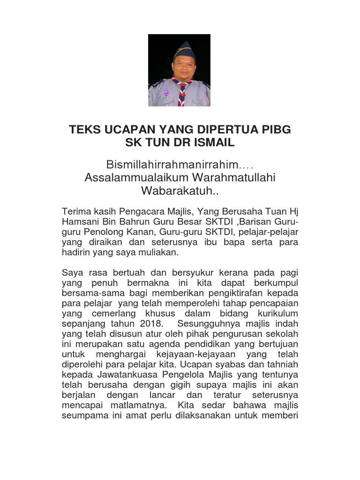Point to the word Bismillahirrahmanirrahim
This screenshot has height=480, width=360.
click(173, 165)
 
